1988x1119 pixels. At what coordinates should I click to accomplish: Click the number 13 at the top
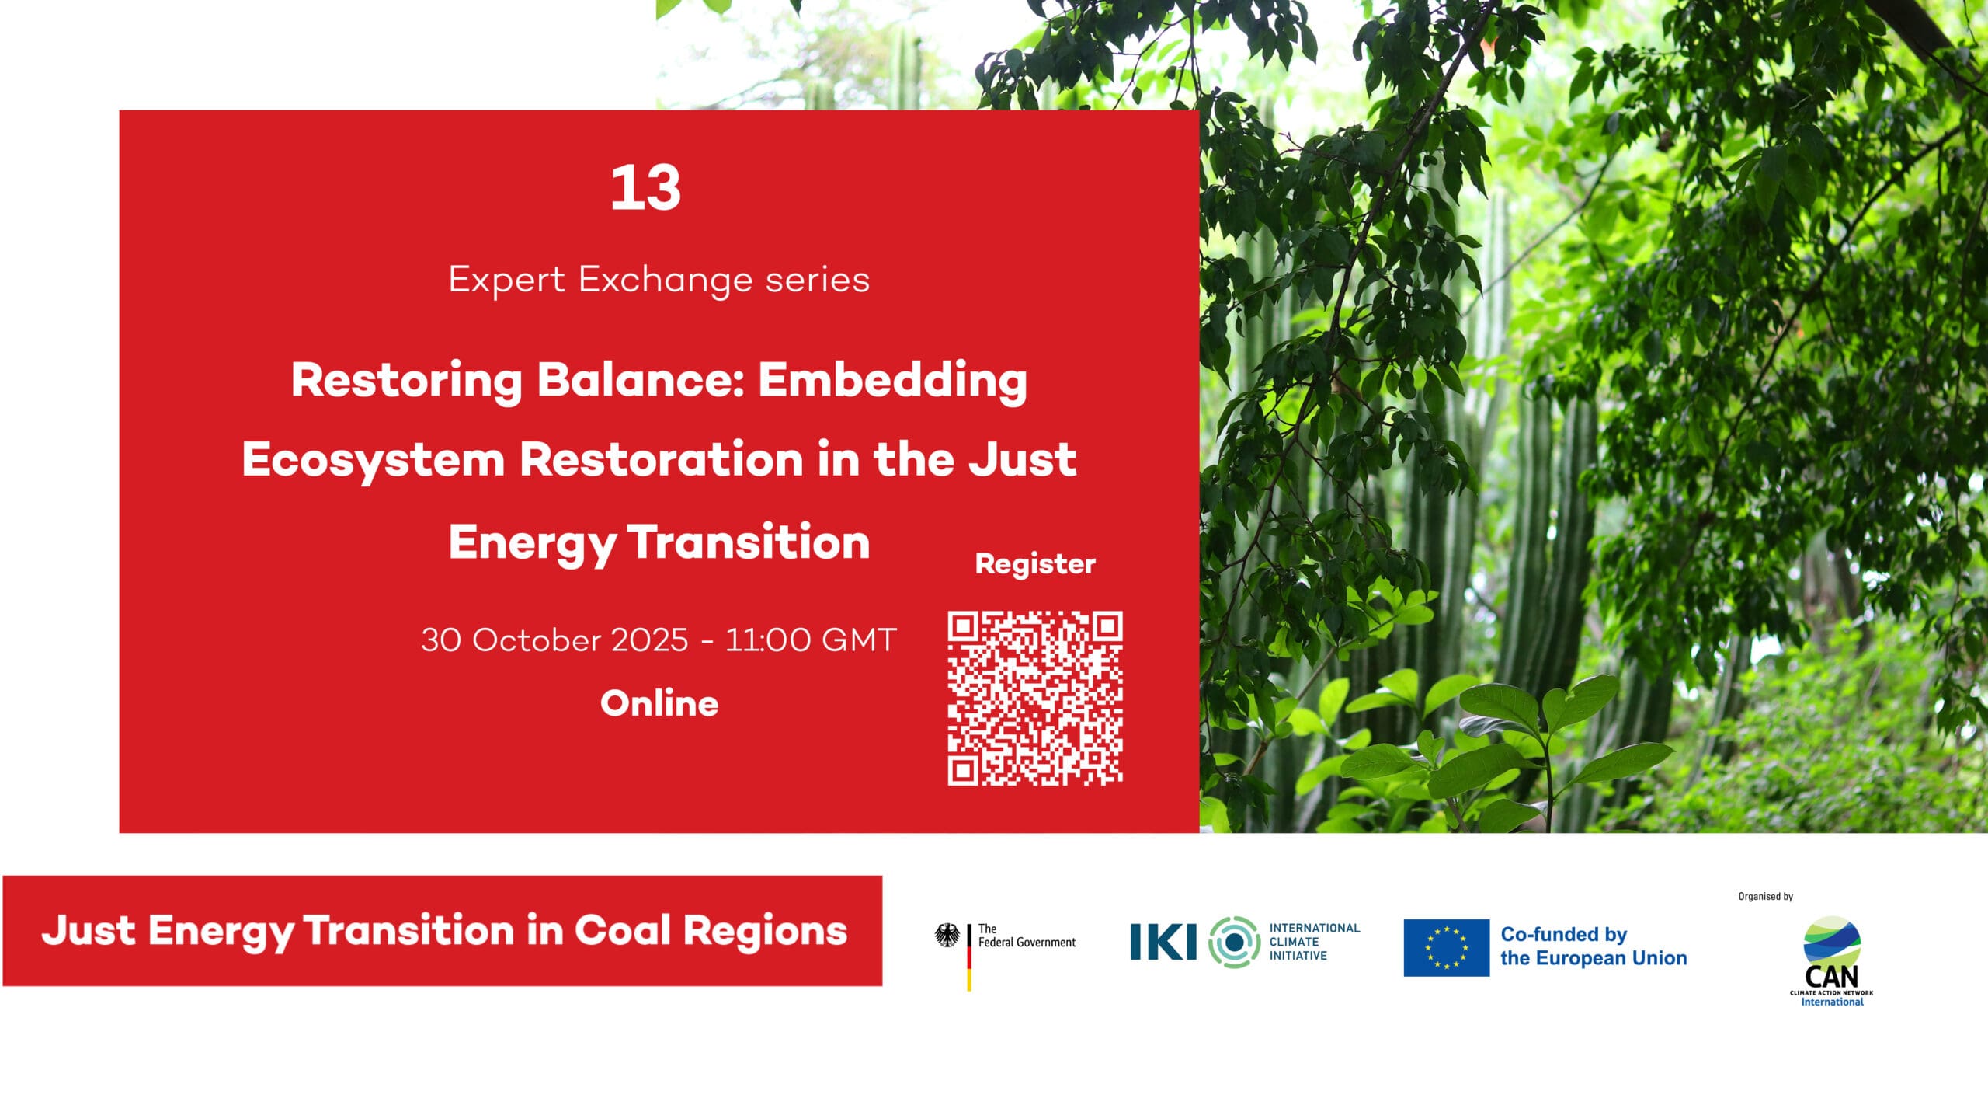(645, 188)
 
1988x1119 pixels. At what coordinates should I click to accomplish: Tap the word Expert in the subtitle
(507, 280)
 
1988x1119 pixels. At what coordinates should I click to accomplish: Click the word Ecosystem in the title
(374, 459)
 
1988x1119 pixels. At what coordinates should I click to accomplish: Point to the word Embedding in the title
(892, 382)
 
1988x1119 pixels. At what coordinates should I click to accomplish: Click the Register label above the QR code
(1035, 564)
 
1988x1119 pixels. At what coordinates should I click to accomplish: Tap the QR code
(1035, 698)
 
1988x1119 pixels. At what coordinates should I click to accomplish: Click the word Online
(659, 703)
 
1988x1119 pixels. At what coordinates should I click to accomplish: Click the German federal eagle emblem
(947, 936)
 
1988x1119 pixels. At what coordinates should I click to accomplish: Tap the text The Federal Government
(1027, 936)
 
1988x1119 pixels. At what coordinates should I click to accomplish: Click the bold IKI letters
(1163, 942)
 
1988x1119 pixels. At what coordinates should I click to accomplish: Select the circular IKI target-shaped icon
(1234, 942)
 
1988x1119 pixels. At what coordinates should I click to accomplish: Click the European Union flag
(1446, 947)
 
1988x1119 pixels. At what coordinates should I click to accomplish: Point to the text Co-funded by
(1563, 934)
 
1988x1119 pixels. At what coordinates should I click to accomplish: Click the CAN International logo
(1831, 961)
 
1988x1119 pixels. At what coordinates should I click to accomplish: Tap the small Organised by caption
(1765, 897)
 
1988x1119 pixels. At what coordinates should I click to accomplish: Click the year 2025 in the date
(649, 640)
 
